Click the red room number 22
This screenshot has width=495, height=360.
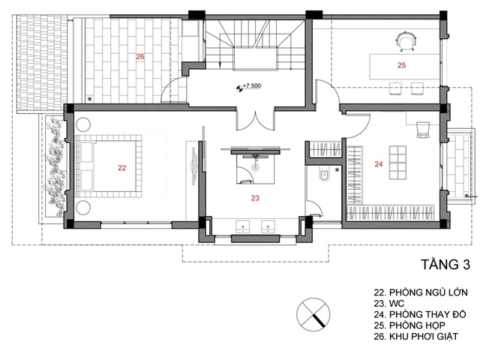pyautogui.click(x=121, y=168)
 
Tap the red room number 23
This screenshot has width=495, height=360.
pyautogui.click(x=255, y=198)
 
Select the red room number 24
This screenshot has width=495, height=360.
pyautogui.click(x=379, y=164)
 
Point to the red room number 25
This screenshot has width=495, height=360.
pyautogui.click(x=401, y=65)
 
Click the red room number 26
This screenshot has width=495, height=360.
pyautogui.click(x=140, y=56)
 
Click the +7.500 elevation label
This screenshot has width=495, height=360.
pyautogui.click(x=251, y=85)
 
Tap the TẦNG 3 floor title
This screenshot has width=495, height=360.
pyautogui.click(x=445, y=264)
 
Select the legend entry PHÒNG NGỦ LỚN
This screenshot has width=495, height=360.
pyautogui.click(x=428, y=292)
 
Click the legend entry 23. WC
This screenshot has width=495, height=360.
pyautogui.click(x=389, y=304)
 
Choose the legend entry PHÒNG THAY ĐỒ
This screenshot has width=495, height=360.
pyautogui.click(x=427, y=314)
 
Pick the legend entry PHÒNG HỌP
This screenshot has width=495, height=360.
pyautogui.click(x=417, y=325)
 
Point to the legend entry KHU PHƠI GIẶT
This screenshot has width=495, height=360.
pyautogui.click(x=423, y=336)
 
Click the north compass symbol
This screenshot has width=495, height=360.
pyautogui.click(x=313, y=314)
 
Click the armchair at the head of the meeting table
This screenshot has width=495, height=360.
pyautogui.click(x=406, y=41)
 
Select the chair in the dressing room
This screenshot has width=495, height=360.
pyautogui.click(x=423, y=130)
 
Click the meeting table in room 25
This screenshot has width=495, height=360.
pyautogui.click(x=404, y=67)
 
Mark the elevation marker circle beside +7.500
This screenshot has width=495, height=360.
pyautogui.click(x=239, y=88)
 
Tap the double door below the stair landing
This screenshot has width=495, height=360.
pyautogui.click(x=256, y=121)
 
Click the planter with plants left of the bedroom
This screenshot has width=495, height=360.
pyautogui.click(x=54, y=166)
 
